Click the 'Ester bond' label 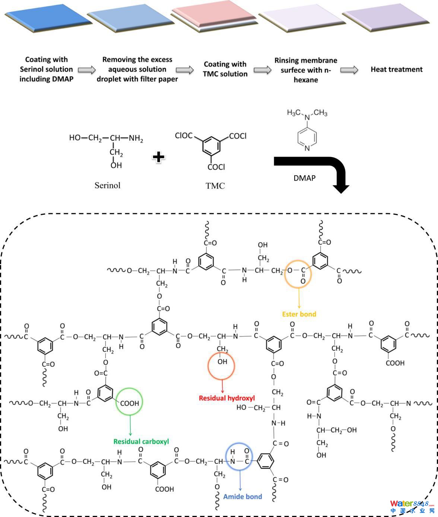click(x=299, y=314)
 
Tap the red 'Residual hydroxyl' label click(x=226, y=398)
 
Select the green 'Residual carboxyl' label click(x=141, y=441)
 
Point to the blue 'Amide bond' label click(x=242, y=497)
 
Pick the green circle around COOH click(x=129, y=403)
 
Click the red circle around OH click(x=221, y=366)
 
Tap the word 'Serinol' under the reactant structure click(x=107, y=185)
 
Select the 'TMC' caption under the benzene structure click(x=215, y=186)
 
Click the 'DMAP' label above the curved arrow click(x=304, y=178)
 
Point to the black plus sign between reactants click(x=159, y=157)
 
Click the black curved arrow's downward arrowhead click(x=341, y=188)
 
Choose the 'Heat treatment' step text click(x=396, y=69)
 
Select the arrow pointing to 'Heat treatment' click(x=349, y=70)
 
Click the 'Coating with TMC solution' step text click(x=225, y=69)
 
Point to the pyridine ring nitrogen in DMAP click(x=307, y=148)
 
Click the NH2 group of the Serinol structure click(x=136, y=138)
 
